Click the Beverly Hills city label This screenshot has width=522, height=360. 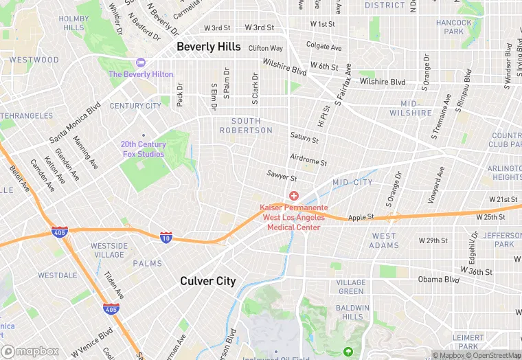(x=209, y=47)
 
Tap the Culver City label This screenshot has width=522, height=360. (x=207, y=281)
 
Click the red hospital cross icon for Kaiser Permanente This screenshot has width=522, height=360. (x=294, y=196)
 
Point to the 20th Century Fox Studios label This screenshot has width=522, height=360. (x=143, y=149)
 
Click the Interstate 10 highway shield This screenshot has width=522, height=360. (x=166, y=237)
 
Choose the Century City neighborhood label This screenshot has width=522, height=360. (x=135, y=106)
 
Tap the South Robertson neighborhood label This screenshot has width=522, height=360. (x=246, y=126)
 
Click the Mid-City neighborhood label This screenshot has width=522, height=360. (x=352, y=183)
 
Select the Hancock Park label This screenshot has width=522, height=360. (x=454, y=27)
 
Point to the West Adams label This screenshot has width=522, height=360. (x=383, y=240)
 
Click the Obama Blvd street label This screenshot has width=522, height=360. (x=439, y=280)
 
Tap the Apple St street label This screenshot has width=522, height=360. (x=361, y=216)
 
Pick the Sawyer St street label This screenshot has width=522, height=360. (x=282, y=177)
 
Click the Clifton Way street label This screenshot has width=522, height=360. (x=265, y=48)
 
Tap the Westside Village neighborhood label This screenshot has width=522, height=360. (x=109, y=250)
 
